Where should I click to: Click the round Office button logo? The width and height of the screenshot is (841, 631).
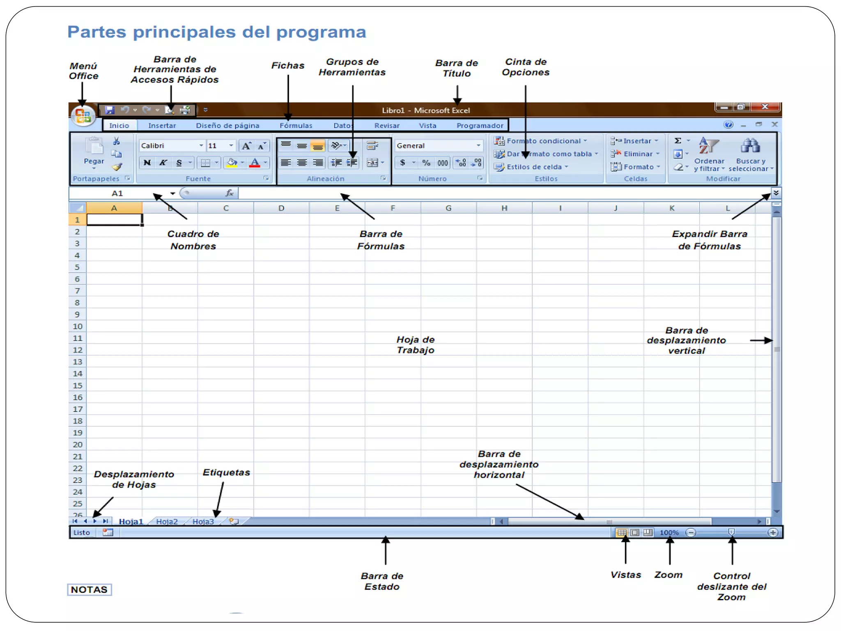coord(83,115)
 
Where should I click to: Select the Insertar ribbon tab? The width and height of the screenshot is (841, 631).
coord(162,125)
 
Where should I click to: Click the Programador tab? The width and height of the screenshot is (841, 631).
coord(480,125)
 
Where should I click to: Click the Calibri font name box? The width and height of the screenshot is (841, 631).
coord(168,146)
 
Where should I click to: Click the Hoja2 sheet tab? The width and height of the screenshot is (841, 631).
coord(167,521)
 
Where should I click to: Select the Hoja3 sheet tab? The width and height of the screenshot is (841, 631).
coord(203,521)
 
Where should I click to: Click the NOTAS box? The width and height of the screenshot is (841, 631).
coord(89,590)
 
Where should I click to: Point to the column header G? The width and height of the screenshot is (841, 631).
coord(448,208)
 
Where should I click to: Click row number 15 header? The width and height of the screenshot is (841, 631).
coord(77,385)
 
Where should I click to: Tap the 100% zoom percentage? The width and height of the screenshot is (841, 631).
coord(669,532)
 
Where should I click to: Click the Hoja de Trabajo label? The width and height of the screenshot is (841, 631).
coord(415,345)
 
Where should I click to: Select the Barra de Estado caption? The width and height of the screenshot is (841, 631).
coord(382,581)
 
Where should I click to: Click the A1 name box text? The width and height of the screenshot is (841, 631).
coord(117,193)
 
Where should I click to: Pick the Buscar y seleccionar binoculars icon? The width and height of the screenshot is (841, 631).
coord(750,146)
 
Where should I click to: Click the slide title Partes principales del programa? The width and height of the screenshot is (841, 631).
coord(216,32)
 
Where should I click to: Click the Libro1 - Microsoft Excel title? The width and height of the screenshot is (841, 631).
coord(425,110)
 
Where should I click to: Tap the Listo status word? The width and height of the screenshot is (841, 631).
coord(81,532)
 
